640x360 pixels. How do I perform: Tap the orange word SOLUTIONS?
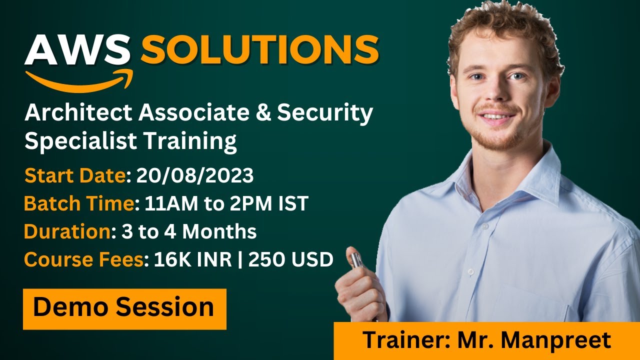[x=260, y=50]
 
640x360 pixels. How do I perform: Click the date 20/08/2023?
[x=195, y=175]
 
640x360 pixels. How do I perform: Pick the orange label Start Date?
[x=75, y=175]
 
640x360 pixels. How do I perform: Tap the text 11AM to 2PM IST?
[x=226, y=203]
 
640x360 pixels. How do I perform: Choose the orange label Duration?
[x=67, y=231]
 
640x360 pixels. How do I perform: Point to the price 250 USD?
[x=290, y=259]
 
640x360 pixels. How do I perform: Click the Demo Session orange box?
[x=124, y=308]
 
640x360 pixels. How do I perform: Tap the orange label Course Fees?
[x=83, y=259]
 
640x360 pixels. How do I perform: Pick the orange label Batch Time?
[x=78, y=203]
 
